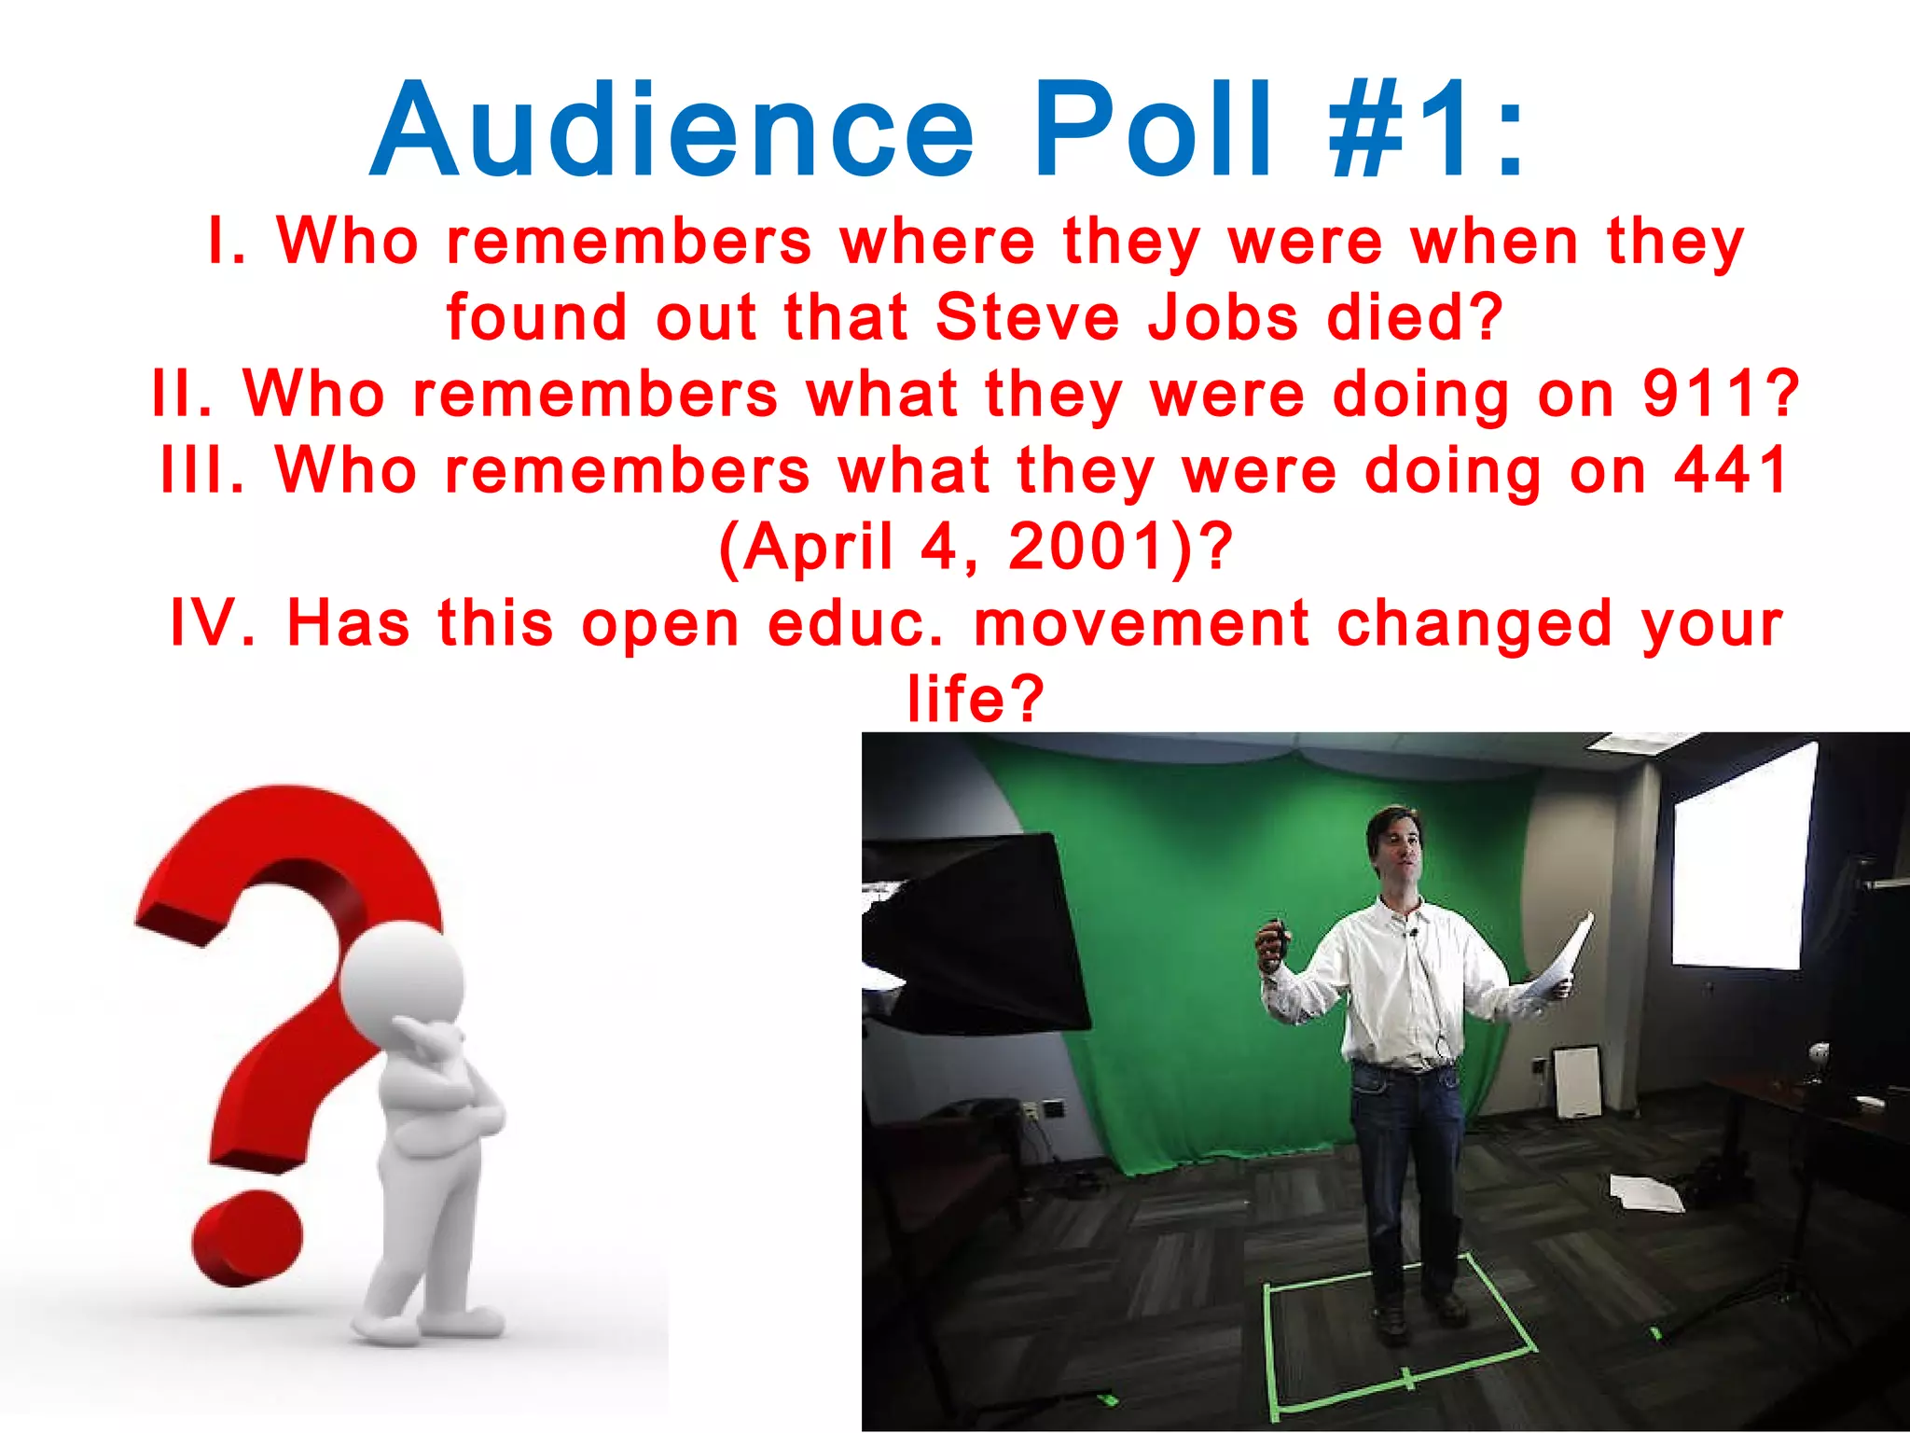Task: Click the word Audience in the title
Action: [x=671, y=131]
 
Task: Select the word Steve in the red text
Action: [x=1027, y=317]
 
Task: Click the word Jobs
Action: [x=1222, y=317]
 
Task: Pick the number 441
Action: [x=1731, y=469]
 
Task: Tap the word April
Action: [x=808, y=547]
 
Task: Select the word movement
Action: [x=1142, y=623]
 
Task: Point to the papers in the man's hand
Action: [x=1557, y=966]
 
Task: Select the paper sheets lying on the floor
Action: [x=1647, y=1193]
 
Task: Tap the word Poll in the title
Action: [x=1152, y=131]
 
